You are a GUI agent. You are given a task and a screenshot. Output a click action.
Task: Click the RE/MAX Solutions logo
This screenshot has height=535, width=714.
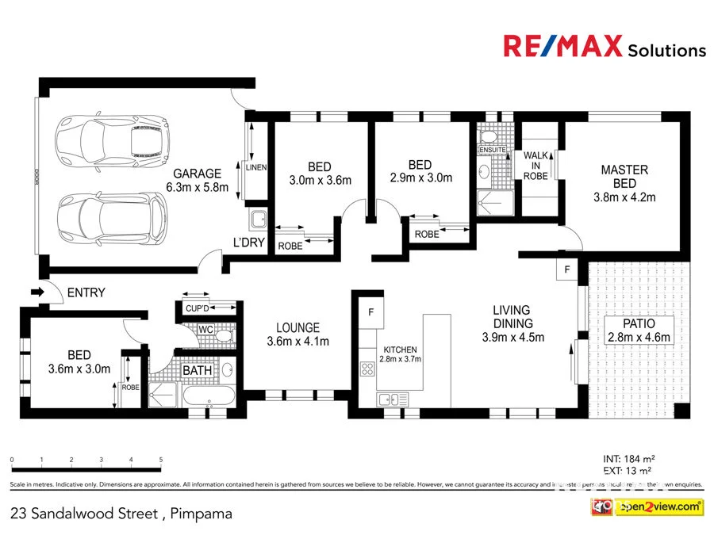click(604, 47)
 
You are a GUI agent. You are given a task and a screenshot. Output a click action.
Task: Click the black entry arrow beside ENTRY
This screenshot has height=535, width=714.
click(37, 292)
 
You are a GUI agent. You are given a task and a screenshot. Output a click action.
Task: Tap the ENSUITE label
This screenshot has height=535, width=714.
click(492, 149)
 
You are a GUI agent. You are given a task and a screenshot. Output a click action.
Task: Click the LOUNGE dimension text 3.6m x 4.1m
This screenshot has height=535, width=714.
click(297, 342)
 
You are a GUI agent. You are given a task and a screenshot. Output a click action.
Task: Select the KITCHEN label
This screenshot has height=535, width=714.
click(401, 350)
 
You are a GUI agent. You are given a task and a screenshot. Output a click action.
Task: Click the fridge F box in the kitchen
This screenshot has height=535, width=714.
click(370, 311)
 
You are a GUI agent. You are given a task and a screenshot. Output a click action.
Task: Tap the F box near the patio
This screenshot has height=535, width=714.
click(566, 270)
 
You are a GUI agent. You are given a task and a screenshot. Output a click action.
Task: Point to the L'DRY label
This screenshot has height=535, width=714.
click(248, 242)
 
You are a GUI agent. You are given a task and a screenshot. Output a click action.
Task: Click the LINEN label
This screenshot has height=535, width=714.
click(256, 167)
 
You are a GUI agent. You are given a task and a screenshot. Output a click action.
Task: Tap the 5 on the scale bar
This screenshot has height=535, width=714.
click(161, 460)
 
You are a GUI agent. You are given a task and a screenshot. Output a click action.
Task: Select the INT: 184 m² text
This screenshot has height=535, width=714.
click(628, 458)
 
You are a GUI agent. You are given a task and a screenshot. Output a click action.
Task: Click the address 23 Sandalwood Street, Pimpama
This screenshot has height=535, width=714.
click(122, 513)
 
